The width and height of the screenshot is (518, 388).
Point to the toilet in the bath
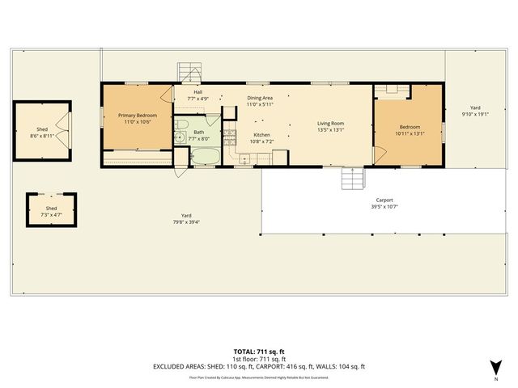[182, 124]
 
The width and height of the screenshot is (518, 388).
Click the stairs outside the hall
[188, 72]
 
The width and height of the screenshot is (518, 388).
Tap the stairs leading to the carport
[350, 177]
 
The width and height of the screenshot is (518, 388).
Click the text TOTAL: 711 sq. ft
[259, 351]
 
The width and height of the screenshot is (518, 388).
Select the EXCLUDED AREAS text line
[259, 367]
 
